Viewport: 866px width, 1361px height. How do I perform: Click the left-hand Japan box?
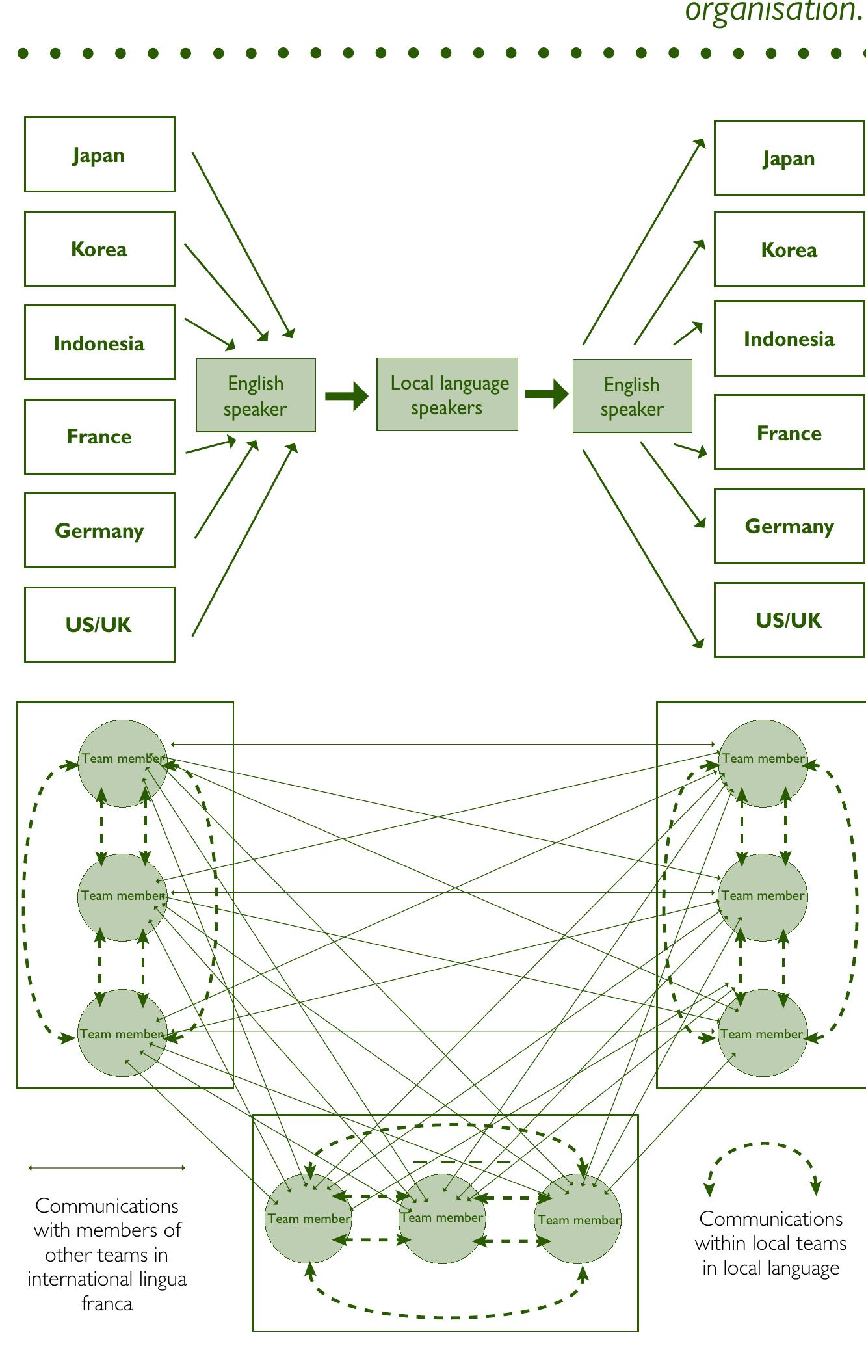click(99, 155)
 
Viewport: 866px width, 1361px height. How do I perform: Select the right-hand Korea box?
click(789, 250)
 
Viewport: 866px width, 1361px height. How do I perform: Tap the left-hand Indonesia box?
click(99, 343)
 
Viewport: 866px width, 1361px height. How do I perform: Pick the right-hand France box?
click(789, 432)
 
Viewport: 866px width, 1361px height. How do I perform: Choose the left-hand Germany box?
click(99, 530)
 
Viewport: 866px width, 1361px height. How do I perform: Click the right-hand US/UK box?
click(789, 620)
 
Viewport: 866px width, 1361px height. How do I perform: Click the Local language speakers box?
click(447, 395)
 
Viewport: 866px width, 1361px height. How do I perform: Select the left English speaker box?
click(256, 395)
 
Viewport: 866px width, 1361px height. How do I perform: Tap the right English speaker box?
click(632, 396)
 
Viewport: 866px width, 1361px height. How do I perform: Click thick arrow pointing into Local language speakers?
click(347, 396)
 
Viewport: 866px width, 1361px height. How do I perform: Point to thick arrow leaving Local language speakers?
click(546, 394)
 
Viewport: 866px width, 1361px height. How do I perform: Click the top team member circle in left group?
click(122, 763)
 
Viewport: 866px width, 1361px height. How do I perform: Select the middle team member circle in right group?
click(763, 897)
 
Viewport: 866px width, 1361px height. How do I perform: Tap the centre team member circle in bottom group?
click(442, 1219)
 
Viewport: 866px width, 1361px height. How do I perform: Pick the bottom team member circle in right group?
click(762, 1033)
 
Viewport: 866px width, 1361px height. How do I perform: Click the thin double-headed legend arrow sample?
click(107, 1168)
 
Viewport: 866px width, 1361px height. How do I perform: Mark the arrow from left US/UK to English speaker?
click(244, 540)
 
